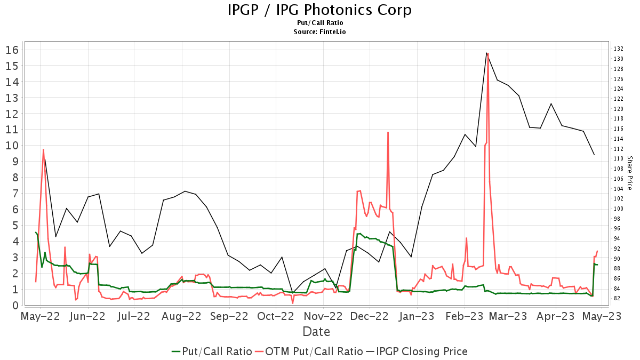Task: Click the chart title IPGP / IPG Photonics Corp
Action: pos(319,10)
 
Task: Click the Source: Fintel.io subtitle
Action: pos(319,32)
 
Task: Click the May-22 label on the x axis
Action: pos(39,316)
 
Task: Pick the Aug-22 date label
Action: pos(182,316)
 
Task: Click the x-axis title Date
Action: pos(316,332)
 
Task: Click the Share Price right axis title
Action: pos(629,173)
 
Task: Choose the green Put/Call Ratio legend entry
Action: pos(212,351)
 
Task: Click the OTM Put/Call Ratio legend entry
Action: pos(308,351)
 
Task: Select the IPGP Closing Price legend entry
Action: pos(416,351)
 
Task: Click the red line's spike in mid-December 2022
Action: pos(388,132)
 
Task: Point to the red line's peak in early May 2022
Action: pos(43,150)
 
